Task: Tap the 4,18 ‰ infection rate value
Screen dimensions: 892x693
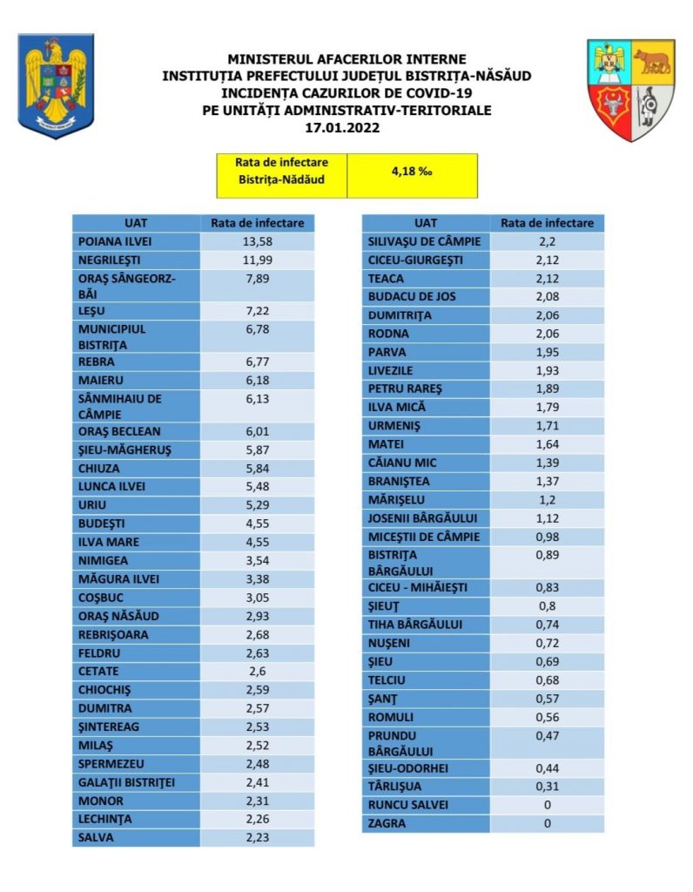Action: pos(412,172)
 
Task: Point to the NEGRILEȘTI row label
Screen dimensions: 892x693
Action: pos(109,260)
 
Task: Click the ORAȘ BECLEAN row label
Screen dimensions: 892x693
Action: pos(118,431)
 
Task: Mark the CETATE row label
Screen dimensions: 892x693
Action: pos(98,672)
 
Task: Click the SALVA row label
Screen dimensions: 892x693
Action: pos(96,837)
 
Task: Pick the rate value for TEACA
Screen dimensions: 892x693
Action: pos(548,278)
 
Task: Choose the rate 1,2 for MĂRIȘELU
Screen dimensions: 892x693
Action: pos(548,499)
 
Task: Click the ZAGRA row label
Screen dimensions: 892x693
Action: pos(387,823)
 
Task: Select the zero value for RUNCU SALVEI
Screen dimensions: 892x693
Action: pos(548,805)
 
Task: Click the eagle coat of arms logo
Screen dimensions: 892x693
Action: pos(56,84)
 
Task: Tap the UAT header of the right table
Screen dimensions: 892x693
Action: pos(426,223)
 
